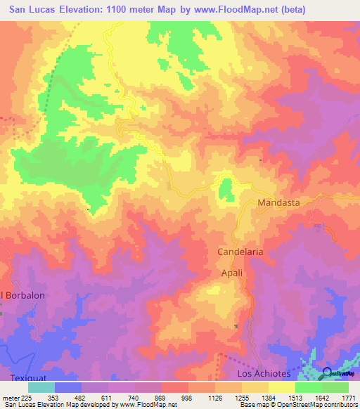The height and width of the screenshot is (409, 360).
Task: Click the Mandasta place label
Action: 278,202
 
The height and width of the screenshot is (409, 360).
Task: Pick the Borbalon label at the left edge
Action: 24,296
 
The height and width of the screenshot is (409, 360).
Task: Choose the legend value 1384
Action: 268,397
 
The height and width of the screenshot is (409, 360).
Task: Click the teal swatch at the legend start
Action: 41,387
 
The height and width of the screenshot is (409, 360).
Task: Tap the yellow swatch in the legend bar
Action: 281,387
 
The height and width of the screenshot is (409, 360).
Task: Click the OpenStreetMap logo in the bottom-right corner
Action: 330,373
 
